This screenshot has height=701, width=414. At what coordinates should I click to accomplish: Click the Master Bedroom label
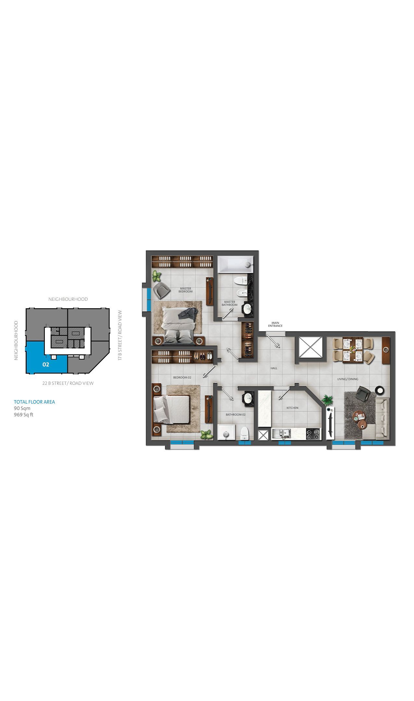(x=185, y=290)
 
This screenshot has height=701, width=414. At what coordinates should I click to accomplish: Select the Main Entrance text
(x=275, y=324)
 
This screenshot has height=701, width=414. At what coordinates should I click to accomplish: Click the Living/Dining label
(x=348, y=379)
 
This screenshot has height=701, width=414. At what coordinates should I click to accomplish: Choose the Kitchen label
(x=292, y=408)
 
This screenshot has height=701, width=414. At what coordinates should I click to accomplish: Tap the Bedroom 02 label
(x=182, y=377)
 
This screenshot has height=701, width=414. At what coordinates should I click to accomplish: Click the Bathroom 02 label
(x=236, y=414)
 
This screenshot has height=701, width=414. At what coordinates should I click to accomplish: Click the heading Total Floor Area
(x=34, y=402)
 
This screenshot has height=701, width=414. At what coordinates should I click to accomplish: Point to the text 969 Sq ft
(x=23, y=415)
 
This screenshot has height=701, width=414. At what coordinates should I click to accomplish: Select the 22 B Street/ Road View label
(x=68, y=383)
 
